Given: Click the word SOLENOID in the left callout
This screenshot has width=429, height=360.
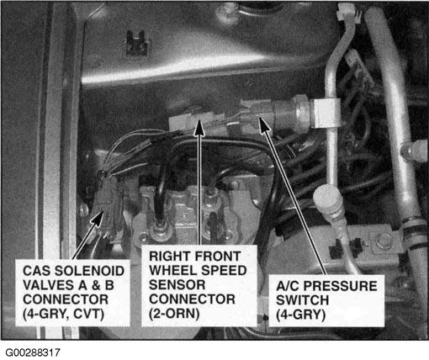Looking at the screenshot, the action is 89,271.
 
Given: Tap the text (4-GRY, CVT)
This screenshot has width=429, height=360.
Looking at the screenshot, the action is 63,314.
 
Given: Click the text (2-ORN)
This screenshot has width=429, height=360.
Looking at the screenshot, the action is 174,314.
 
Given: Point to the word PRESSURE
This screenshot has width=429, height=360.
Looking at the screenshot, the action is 341,286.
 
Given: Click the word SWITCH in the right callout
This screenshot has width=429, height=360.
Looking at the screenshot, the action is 302,300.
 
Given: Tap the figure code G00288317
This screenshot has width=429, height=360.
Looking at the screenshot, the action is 33,352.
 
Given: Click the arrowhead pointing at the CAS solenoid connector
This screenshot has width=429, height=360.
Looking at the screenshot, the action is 98,219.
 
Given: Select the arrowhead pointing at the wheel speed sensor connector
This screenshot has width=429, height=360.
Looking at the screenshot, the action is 199,128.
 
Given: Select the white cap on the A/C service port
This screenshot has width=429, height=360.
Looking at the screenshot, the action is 327,200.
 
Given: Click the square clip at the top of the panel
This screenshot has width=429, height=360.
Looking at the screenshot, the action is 136,42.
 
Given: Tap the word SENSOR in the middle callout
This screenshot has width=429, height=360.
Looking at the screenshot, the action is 177,285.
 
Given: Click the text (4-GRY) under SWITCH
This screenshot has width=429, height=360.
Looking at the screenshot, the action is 300,315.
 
